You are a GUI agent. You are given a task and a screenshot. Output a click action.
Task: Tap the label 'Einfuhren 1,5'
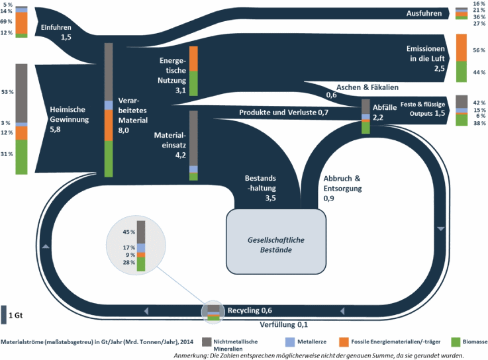[56, 32]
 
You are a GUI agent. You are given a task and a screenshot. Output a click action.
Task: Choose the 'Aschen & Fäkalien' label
[361, 87]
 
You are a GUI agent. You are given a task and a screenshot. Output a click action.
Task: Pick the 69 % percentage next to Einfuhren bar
[6, 22]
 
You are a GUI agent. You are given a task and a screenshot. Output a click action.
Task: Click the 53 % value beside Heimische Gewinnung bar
[6, 92]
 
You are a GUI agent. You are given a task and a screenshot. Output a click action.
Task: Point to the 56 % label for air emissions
[479, 50]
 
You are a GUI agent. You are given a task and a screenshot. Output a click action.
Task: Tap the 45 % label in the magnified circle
[128, 232]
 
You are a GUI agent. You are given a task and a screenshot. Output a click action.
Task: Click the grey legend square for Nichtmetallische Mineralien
[206, 341]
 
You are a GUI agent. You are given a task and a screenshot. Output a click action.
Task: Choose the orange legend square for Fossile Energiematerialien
[344, 341]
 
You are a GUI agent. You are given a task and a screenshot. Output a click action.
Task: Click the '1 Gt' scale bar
[5, 316]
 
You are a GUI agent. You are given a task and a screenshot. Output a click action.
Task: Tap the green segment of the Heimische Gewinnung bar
[21, 157]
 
